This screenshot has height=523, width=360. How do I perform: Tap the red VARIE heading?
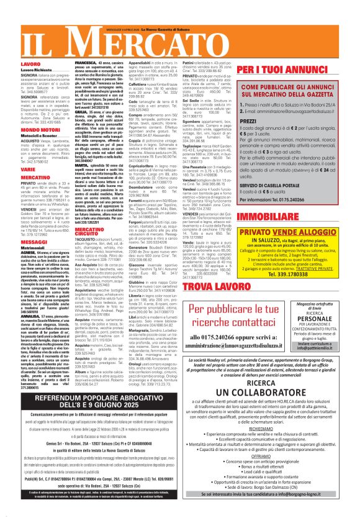(x=27, y=169)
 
